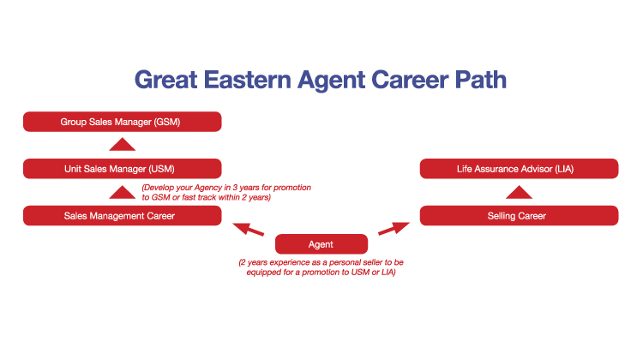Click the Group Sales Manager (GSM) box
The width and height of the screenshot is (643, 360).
123,122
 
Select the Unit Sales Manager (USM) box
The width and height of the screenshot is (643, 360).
123,169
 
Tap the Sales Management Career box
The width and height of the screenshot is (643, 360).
123,216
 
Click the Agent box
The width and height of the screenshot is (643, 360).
321,244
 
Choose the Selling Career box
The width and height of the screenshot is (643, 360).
520,216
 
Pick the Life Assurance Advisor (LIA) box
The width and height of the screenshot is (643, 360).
520,169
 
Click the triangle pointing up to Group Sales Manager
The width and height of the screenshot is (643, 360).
123,145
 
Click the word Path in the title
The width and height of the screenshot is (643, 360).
481,81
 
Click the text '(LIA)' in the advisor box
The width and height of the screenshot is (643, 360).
564,169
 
